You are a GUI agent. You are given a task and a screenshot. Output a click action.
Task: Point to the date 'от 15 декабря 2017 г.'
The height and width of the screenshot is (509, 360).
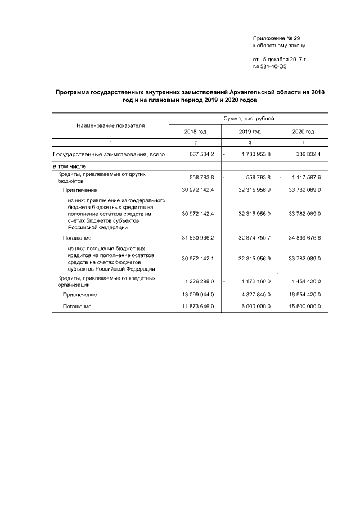280,59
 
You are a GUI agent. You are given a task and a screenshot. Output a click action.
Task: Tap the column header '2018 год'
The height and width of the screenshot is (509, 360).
195,131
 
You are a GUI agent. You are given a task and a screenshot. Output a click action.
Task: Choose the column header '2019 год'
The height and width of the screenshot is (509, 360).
249,131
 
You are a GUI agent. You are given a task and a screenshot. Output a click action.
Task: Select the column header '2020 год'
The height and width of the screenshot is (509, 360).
303,131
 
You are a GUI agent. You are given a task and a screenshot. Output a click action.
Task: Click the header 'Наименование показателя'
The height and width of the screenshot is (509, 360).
111,125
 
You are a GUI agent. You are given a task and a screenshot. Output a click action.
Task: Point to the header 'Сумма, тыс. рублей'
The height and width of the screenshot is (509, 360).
249,119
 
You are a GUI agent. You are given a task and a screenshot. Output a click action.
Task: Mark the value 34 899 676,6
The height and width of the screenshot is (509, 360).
304,238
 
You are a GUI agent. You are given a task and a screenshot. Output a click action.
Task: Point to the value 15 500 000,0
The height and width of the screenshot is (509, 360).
304,307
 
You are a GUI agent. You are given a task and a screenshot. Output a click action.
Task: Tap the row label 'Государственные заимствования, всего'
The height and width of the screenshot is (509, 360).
109,154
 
